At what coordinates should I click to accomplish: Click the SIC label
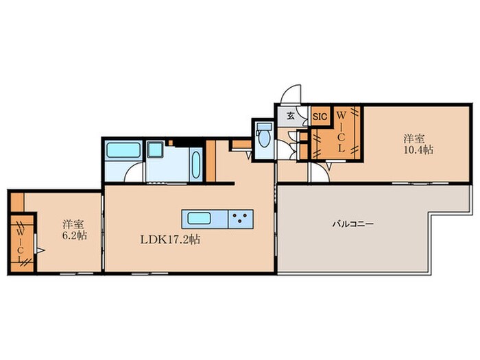pyautogui.click(x=320, y=117)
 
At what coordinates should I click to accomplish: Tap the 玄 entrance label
pyautogui.click(x=291, y=116)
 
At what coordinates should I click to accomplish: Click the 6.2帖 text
pyautogui.click(x=75, y=235)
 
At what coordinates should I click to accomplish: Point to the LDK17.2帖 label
pyautogui.click(x=170, y=239)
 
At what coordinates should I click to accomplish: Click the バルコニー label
pyautogui.click(x=353, y=224)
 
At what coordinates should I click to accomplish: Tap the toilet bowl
pyautogui.click(x=264, y=139)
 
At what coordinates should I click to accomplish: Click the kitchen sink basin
pyautogui.click(x=199, y=219)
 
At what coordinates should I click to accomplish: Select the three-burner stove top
pyautogui.click(x=241, y=219)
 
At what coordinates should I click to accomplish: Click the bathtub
pyautogui.click(x=123, y=150)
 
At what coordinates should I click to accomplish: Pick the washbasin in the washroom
pyautogui.click(x=196, y=165)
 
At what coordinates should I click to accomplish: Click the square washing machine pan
pyautogui.click(x=156, y=149)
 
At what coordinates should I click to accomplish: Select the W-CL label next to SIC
pyautogui.click(x=341, y=132)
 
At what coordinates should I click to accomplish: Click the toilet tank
pyautogui.click(x=264, y=126)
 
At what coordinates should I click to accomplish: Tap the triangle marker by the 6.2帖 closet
pyautogui.click(x=40, y=251)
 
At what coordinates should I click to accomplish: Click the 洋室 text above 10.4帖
pyautogui.click(x=413, y=139)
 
